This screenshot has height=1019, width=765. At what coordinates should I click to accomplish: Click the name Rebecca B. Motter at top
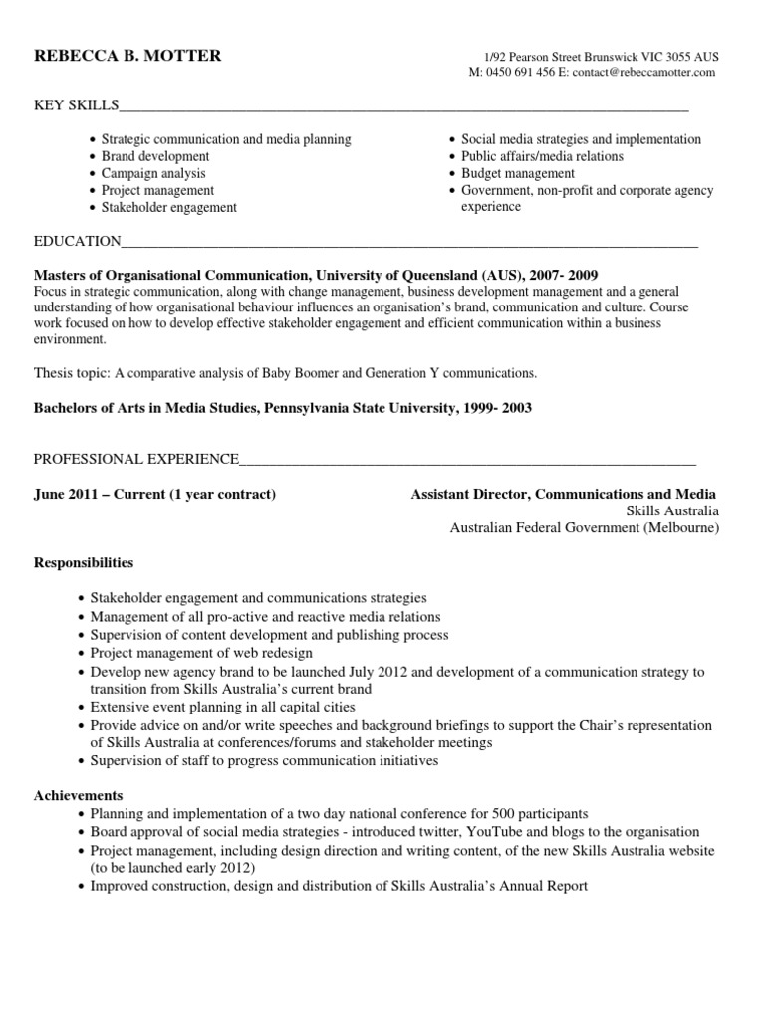[127, 56]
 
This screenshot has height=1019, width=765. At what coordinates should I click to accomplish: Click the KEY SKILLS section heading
[77, 105]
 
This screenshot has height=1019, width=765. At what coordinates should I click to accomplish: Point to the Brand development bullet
[155, 156]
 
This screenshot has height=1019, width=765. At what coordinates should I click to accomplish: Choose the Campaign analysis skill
[153, 173]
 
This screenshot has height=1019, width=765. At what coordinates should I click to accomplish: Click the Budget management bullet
[518, 173]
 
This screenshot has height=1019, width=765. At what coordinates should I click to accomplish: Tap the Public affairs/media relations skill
[542, 156]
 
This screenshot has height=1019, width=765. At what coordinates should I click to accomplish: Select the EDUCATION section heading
[78, 241]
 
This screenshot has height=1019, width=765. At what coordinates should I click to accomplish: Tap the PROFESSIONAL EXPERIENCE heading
[136, 459]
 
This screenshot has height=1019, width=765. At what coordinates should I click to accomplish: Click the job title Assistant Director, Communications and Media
[563, 495]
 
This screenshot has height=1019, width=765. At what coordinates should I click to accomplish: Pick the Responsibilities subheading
[84, 563]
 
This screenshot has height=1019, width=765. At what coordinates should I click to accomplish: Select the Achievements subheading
[79, 796]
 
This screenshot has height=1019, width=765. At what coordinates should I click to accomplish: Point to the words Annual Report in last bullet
[543, 885]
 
